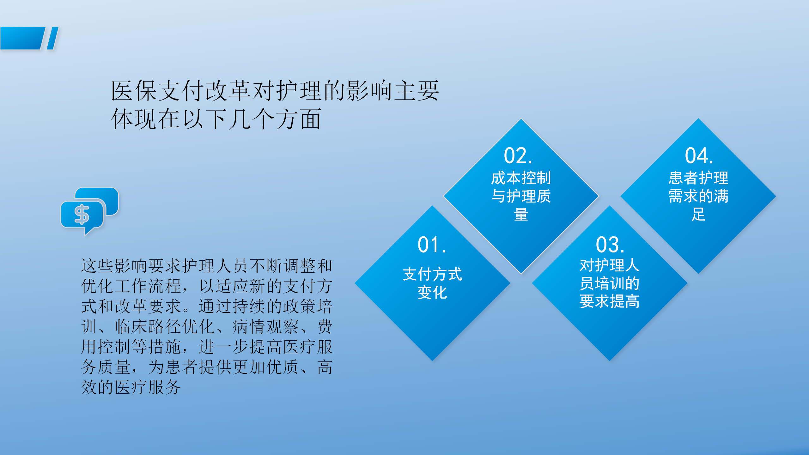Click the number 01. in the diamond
click(432, 245)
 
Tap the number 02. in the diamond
click(518, 156)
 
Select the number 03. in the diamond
click(610, 245)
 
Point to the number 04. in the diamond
click(699, 156)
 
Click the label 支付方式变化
click(432, 283)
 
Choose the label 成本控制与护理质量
click(521, 196)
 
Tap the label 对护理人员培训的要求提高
click(609, 283)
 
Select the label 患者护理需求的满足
click(698, 196)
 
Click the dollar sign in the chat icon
click(82, 215)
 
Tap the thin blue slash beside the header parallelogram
click(53, 38)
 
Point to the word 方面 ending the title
click(299, 119)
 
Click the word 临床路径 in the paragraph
click(148, 327)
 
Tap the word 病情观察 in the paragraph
click(266, 327)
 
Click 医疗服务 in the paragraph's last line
click(148, 387)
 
